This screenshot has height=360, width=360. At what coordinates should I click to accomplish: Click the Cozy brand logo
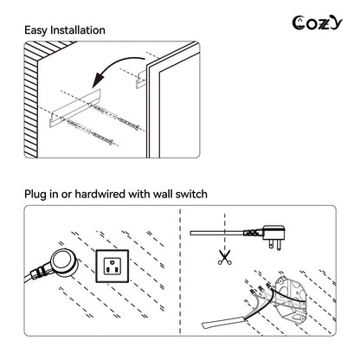317,23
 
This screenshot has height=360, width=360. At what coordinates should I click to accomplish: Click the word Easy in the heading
35,30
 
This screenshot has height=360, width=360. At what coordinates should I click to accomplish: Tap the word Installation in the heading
78,30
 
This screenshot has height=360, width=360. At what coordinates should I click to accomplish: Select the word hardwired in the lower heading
100,194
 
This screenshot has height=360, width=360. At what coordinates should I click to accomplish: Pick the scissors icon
225,257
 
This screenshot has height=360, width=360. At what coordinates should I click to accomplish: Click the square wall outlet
112,266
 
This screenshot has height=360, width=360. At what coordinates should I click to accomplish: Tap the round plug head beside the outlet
64,262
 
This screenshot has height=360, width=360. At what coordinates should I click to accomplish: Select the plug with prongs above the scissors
270,235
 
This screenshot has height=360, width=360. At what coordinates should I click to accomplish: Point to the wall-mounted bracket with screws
75,108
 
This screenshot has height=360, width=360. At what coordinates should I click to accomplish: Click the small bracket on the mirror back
141,79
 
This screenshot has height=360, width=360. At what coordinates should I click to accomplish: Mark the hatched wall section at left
31,100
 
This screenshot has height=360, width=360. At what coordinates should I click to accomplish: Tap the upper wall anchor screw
114,116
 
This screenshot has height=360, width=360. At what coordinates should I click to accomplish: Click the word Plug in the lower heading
35,194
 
